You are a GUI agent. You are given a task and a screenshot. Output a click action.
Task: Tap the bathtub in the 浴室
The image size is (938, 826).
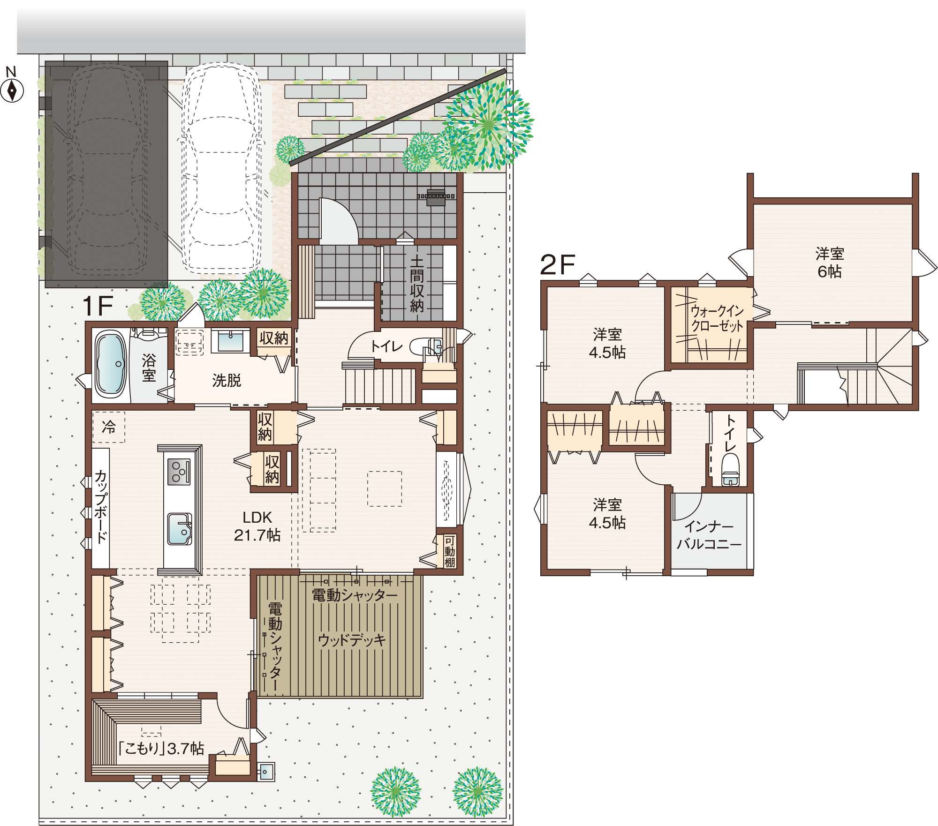[x=111, y=364]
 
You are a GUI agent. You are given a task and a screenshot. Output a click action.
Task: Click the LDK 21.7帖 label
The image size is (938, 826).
[x=257, y=526]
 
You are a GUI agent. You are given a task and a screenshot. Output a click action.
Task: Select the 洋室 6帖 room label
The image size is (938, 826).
[x=829, y=263]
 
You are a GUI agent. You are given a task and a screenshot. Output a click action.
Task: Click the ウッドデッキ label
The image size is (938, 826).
[x=352, y=640]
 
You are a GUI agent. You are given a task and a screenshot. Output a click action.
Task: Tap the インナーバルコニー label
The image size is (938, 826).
[x=709, y=535]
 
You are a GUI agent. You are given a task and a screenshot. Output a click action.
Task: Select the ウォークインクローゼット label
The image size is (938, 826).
[x=717, y=318]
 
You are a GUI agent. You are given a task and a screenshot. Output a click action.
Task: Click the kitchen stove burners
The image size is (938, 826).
[x=179, y=472]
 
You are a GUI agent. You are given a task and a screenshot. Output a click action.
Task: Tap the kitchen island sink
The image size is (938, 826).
[x=180, y=529]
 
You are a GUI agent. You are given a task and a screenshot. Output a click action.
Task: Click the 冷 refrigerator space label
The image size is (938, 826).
[x=109, y=427]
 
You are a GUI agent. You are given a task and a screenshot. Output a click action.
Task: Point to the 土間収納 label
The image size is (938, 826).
[x=416, y=284]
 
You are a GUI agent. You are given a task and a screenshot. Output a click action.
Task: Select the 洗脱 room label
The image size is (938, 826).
[x=227, y=380]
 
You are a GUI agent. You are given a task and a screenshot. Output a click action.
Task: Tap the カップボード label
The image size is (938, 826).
[x=101, y=506]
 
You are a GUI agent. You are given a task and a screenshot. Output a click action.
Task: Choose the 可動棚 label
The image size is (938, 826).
[x=449, y=552]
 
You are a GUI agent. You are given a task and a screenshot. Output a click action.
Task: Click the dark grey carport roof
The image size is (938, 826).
[x=106, y=174]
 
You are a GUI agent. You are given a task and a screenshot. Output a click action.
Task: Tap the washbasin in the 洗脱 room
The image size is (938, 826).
[x=230, y=341]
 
